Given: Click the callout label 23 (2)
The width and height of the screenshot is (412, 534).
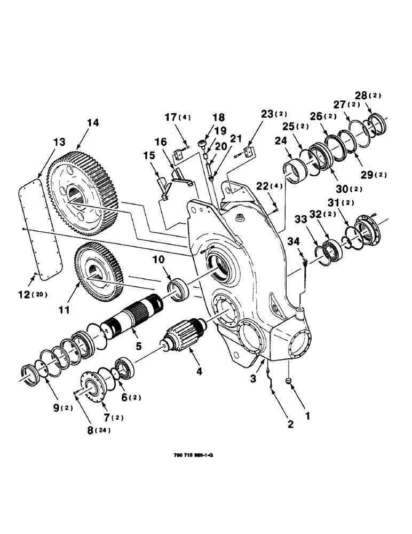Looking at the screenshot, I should point(274,113).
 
